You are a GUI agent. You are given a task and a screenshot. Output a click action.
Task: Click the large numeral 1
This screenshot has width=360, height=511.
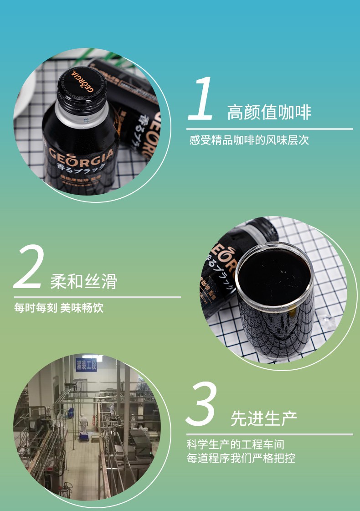tap(202, 99)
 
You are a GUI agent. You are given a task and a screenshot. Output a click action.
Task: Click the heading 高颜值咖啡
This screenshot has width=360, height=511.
tap(269, 112)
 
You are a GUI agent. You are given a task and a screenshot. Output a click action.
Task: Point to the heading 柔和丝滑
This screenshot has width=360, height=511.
tap(84, 281)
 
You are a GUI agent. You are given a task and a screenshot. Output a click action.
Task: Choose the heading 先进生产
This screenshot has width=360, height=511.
tap(264, 418)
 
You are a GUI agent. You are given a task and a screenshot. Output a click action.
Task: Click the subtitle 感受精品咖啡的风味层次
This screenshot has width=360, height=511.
tap(249, 140)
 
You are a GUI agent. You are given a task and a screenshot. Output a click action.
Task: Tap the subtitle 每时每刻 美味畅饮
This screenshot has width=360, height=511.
tap(59, 308)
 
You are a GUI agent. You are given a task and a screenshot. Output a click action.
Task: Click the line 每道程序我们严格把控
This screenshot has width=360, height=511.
tap(241, 458)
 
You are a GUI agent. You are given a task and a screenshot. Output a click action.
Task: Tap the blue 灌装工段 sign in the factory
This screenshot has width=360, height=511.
tap(87, 365)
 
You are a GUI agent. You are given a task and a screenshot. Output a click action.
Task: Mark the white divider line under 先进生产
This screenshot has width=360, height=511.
tap(269, 434)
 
